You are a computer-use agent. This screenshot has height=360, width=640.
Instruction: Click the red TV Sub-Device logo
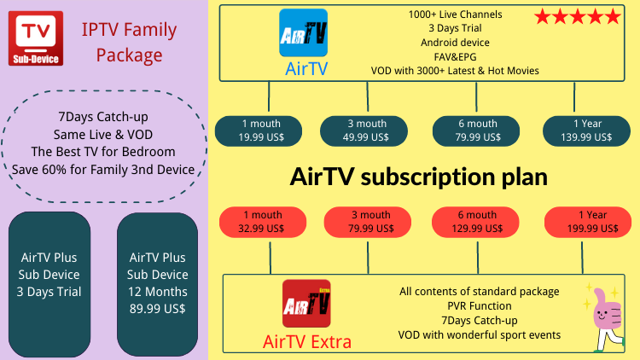[36, 38]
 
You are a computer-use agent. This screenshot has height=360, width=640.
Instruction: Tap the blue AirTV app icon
[303, 32]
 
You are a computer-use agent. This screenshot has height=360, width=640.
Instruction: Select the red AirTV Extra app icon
[306, 303]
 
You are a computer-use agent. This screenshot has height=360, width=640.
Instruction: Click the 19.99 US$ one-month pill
[259, 131]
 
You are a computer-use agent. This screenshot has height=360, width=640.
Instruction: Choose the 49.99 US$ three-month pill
[364, 131]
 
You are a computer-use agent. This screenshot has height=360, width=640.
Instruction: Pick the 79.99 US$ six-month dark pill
[476, 131]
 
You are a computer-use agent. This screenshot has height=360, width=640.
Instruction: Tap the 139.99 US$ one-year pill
[586, 131]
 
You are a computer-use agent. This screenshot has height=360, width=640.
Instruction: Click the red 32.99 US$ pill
[263, 222]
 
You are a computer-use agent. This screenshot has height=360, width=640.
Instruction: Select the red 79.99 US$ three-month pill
[367, 222]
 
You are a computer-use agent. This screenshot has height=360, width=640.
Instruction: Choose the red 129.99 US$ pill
[475, 222]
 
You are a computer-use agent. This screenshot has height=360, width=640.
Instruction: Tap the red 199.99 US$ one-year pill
[588, 222]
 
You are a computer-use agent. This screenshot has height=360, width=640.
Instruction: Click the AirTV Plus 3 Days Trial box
[49, 284]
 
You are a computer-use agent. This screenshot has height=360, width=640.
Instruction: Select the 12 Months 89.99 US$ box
[158, 284]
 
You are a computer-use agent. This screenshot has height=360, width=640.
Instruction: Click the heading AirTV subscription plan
[419, 177]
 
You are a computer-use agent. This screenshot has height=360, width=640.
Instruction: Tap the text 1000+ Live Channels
[455, 15]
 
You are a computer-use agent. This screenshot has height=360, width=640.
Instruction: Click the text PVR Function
[480, 306]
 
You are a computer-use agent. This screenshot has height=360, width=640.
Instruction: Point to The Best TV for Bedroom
[103, 152]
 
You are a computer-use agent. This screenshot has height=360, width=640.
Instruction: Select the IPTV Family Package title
[129, 42]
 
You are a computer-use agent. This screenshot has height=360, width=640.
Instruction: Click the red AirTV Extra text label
[307, 342]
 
